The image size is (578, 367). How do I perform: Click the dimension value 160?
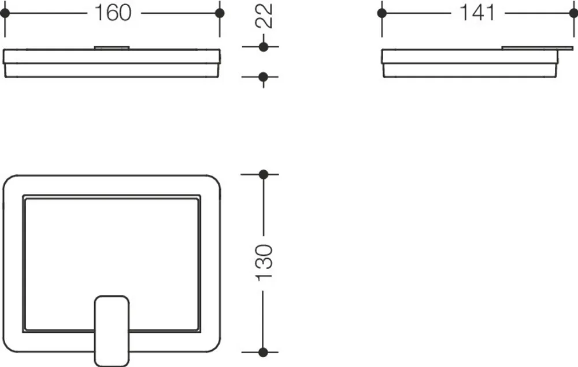coord(113,13)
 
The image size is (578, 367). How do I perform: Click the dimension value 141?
coord(477,13)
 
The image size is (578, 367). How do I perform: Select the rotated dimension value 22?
coord(264,16)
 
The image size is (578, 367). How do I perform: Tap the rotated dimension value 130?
coord(264,262)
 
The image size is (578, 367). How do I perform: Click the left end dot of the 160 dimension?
coord(5,13)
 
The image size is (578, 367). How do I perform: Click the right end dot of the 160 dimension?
coord(220,13)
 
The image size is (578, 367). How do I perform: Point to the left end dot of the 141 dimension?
coord(382,13)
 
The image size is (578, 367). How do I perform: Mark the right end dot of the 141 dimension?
coord(574,13)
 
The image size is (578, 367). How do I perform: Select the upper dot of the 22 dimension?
coord(264,47)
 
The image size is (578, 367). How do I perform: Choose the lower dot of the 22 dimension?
coord(263,77)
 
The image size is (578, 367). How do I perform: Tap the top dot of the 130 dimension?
coord(263,174)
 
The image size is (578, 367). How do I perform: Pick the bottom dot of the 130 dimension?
coord(263,352)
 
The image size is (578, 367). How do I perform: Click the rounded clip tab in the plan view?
coord(112,331)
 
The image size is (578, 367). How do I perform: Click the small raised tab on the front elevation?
coord(112,47)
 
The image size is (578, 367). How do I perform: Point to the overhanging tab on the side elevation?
coord(538,48)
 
